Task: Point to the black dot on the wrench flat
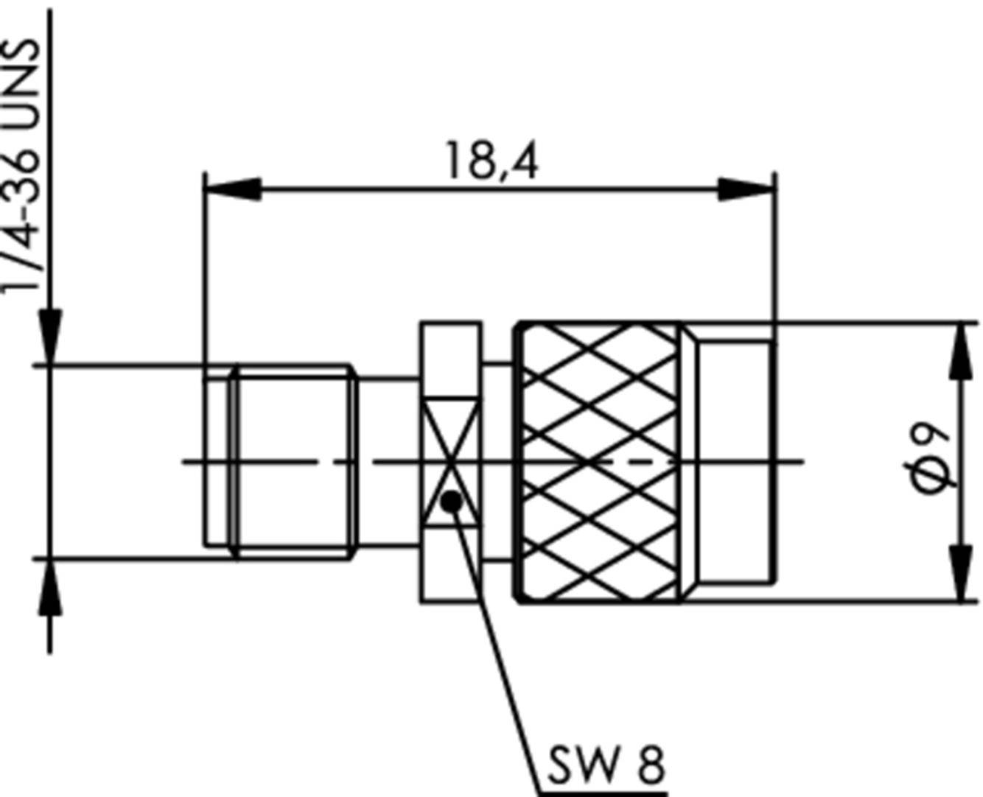coord(451,502)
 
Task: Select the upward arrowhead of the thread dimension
coord(50,586)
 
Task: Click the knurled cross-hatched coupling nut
coord(598,463)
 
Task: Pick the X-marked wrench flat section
coord(450,462)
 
